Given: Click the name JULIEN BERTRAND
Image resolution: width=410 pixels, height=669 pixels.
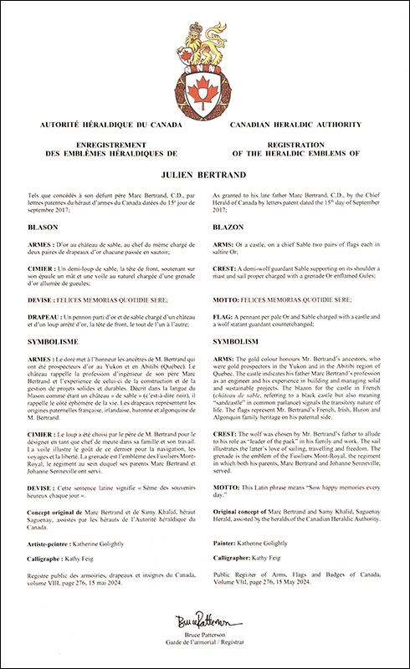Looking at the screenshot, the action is tap(205, 177).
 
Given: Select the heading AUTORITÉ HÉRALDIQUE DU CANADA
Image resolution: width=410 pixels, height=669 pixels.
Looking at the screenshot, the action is tap(100, 125).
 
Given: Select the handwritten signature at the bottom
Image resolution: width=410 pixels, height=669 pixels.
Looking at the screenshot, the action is tap(205, 623).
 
